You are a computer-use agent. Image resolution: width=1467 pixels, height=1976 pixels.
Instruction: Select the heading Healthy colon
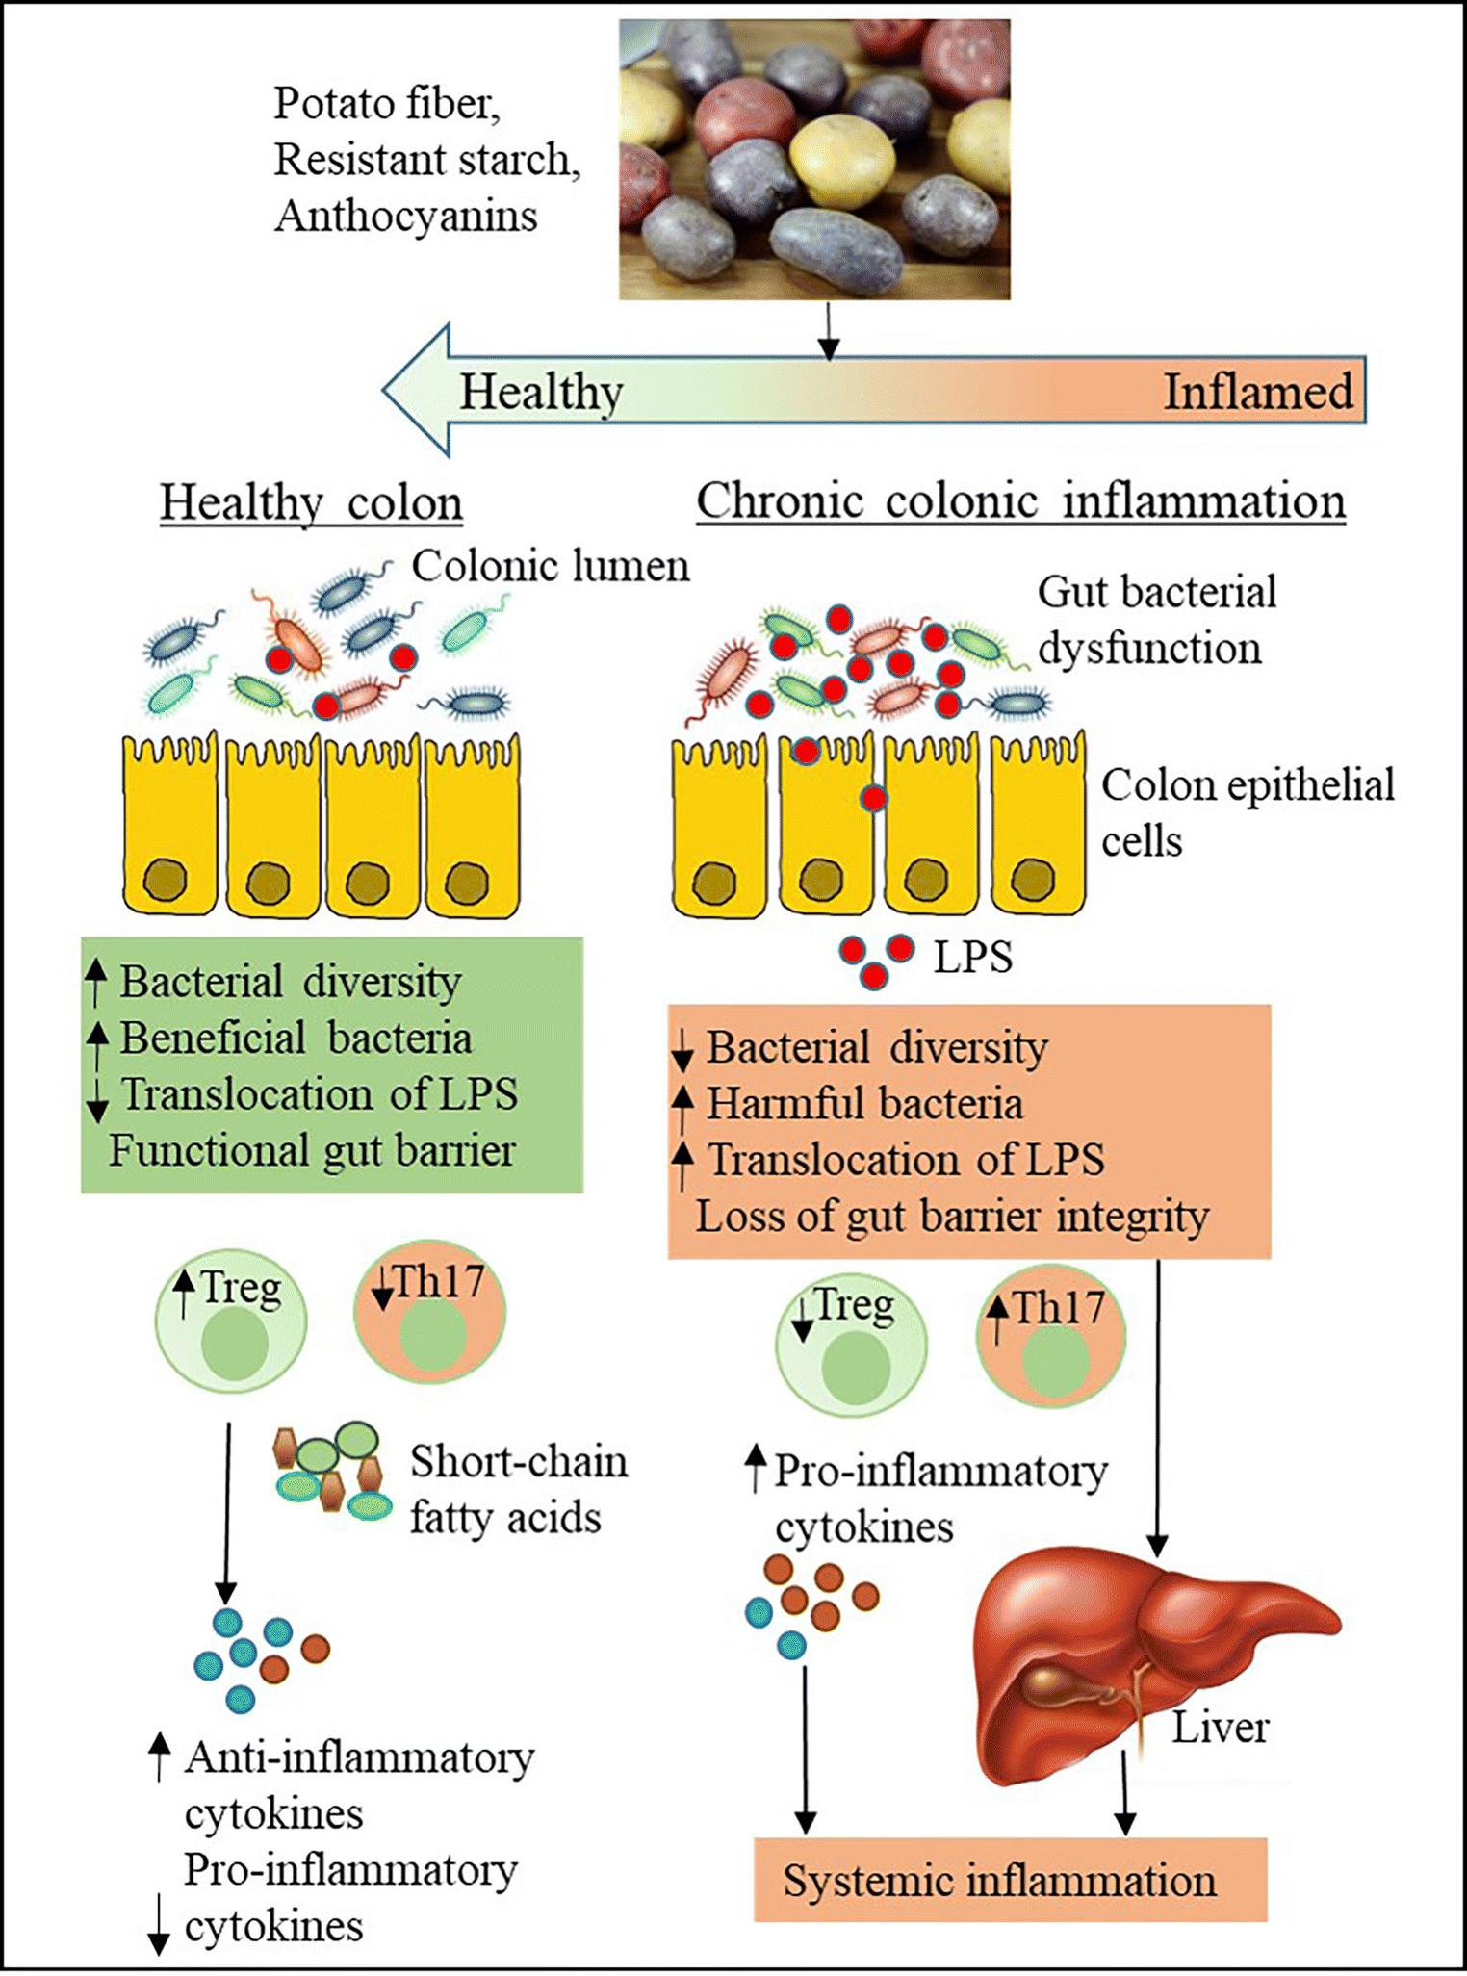point(311,502)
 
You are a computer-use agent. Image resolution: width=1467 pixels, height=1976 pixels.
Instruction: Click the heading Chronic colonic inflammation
point(1020,501)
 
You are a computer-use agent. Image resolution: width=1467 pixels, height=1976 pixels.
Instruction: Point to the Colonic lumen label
point(550,566)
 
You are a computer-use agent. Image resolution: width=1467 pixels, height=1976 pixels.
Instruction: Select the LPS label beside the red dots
point(973,958)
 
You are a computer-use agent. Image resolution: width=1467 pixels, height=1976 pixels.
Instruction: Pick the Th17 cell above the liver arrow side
point(1051,1336)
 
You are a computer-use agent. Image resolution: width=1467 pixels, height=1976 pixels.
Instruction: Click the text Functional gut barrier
point(312,1151)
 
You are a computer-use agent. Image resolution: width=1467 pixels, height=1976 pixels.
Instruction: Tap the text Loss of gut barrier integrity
point(951,1217)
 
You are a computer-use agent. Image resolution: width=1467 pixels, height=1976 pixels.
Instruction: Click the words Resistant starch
point(426,160)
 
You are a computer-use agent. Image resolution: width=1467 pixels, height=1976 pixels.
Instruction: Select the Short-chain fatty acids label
point(518,1490)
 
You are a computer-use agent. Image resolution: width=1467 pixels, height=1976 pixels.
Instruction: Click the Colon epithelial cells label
point(1247,812)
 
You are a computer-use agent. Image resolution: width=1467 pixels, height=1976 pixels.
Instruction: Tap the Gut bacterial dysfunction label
point(1155,620)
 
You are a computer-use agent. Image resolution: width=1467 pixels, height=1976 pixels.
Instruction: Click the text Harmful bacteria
point(863,1104)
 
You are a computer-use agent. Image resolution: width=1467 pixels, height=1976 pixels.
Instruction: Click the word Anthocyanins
point(405,216)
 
